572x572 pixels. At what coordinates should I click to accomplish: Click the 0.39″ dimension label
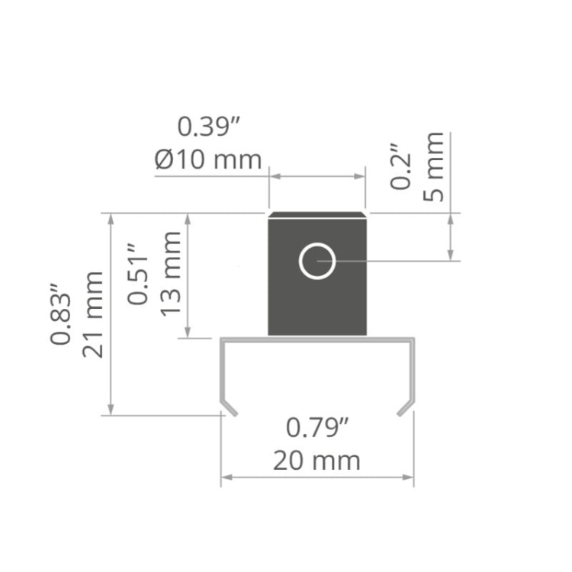208,127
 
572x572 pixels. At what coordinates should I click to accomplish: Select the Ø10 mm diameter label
208,159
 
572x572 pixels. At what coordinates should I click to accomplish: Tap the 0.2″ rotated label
400,166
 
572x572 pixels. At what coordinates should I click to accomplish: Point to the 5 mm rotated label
433,167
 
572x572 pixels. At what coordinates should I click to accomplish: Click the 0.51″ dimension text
138,273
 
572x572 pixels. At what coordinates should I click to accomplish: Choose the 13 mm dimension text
170,274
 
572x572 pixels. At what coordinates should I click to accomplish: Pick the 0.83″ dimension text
60,313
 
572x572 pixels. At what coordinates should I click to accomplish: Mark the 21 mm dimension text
93,314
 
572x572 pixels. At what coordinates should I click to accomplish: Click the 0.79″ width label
317,428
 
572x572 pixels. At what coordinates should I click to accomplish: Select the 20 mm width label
317,461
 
